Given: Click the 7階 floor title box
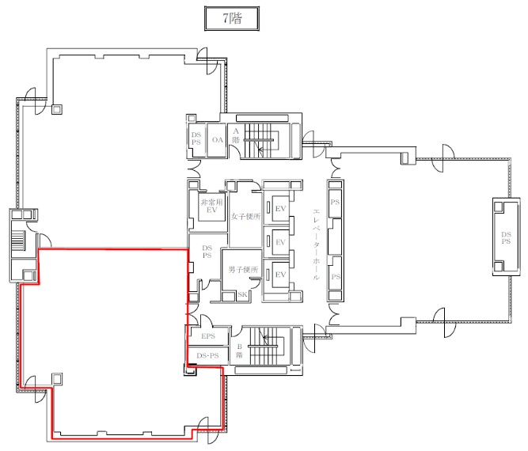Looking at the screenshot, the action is coord(232,18).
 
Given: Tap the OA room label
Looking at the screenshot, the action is coord(218,140).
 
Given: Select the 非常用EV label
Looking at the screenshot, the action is coord(212,206).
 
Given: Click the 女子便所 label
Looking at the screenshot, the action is coord(245,217).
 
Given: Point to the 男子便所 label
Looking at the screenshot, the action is coord(243,269).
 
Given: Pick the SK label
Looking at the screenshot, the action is coord(242,294).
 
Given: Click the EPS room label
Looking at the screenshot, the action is coord(208,336).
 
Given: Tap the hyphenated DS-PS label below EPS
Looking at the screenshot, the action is coord(207,355).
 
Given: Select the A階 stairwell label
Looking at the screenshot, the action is coord(236,135).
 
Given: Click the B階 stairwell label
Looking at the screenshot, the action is coord(239,351).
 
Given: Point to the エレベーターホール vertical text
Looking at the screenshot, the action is coord(316,244).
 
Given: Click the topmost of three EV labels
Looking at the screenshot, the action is coord(280,209).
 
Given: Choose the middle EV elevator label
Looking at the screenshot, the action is coord(280,242).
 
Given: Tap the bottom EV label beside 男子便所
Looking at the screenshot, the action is coord(280,275).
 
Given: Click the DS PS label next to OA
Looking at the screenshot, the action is coord(196,138).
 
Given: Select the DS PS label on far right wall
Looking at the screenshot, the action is coord(506,237).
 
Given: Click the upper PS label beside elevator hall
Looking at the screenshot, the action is coord(335,202).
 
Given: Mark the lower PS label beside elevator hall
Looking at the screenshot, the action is coord(336,277).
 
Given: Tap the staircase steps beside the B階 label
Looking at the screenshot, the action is coord(264,346).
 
